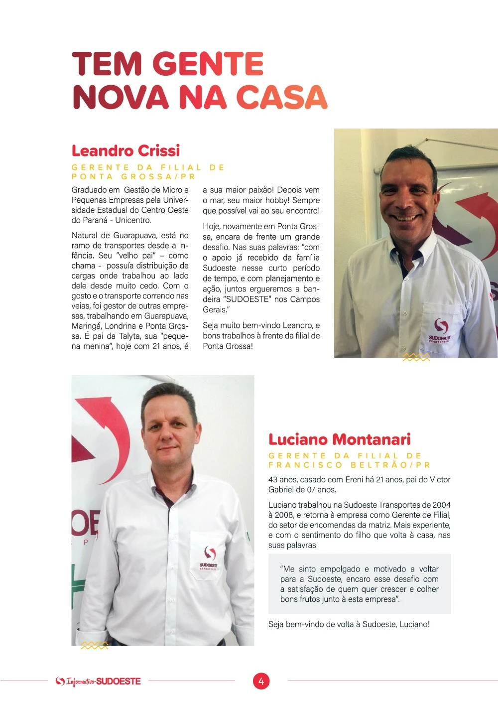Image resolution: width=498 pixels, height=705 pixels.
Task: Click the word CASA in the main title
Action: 281,97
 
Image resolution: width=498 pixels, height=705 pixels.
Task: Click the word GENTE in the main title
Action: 208,64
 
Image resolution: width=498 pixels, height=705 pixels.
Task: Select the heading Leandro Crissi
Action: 125,150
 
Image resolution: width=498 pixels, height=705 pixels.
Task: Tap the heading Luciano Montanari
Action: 339,439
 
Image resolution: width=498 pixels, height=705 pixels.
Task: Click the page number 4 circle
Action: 261,681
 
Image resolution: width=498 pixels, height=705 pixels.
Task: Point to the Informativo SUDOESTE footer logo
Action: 98,681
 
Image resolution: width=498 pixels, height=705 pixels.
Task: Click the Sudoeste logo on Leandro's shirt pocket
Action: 440,329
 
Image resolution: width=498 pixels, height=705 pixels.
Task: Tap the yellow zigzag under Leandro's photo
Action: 416,357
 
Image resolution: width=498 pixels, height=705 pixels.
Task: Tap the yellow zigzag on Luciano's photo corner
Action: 94,645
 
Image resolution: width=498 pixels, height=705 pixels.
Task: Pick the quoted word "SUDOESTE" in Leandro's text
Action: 248,299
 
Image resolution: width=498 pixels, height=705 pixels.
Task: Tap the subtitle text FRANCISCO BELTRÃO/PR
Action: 349,465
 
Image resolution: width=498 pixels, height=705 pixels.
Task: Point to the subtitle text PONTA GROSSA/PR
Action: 133,176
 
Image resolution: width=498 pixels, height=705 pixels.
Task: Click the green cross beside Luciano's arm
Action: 78,583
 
